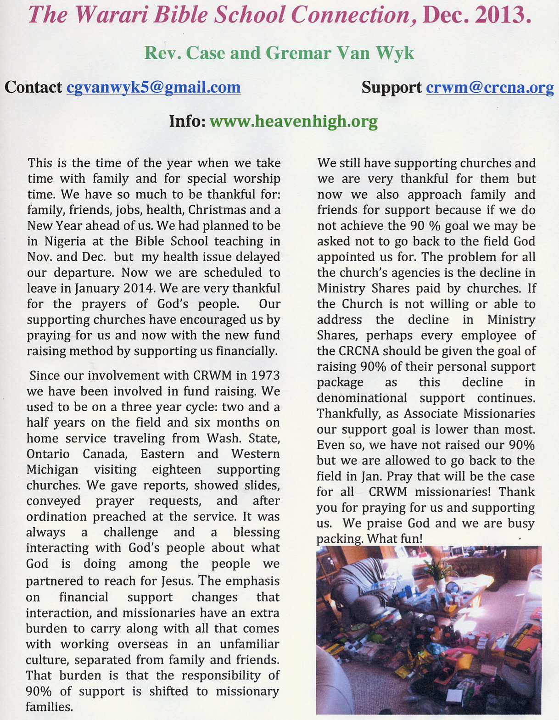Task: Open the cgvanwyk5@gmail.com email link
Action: click(x=153, y=87)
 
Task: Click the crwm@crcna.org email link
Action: click(x=489, y=87)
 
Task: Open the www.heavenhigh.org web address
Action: click(x=293, y=121)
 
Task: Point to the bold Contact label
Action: click(x=33, y=87)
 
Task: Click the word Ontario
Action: click(x=48, y=454)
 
